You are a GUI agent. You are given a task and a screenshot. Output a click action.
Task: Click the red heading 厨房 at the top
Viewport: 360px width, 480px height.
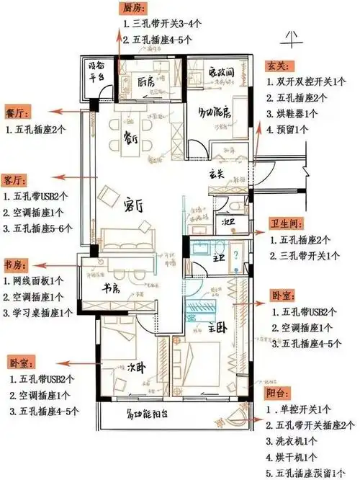tap(135, 8)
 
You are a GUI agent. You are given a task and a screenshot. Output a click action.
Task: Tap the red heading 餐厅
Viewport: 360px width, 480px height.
tap(15, 113)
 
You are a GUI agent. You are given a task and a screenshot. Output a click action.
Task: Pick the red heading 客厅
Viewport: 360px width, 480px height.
tap(15, 178)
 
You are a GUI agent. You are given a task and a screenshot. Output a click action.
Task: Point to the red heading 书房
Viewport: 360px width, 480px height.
tap(15, 264)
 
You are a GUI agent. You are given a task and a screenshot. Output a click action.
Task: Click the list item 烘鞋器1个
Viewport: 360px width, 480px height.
tap(292, 114)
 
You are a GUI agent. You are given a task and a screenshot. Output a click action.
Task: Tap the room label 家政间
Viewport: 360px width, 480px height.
tap(220, 74)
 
